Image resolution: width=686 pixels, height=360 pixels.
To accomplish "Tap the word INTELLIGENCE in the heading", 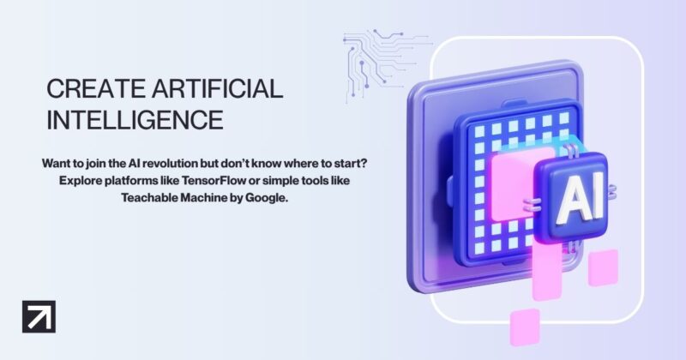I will [135, 119].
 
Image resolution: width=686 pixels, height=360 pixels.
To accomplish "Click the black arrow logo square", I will [38, 317].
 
